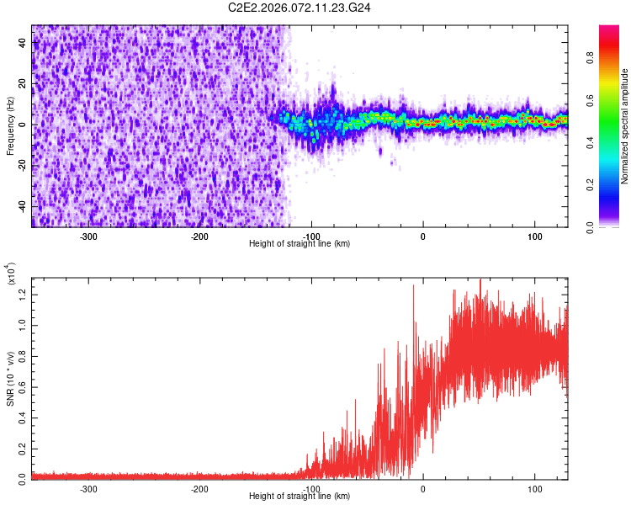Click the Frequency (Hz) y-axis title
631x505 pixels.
[10, 125]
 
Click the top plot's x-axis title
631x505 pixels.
[300, 243]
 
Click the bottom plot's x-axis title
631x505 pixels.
[300, 496]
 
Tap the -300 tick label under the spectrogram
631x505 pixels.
[89, 236]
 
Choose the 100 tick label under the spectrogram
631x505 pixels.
[534, 236]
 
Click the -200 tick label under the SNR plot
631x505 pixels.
[200, 488]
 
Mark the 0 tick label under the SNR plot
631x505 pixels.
[423, 488]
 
